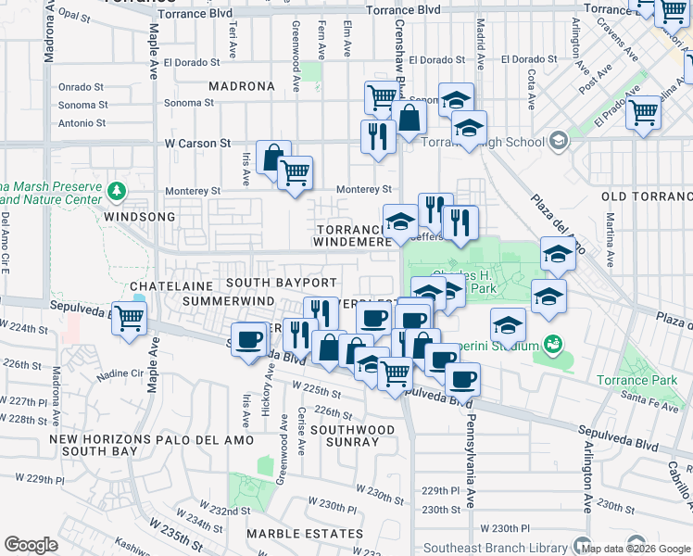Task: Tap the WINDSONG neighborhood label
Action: (139, 216)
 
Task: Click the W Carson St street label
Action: (197, 144)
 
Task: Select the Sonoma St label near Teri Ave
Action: (188, 103)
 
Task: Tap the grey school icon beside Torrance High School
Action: (557, 141)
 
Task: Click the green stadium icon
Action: (554, 346)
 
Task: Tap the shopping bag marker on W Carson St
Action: (272, 158)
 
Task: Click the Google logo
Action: (31, 545)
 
